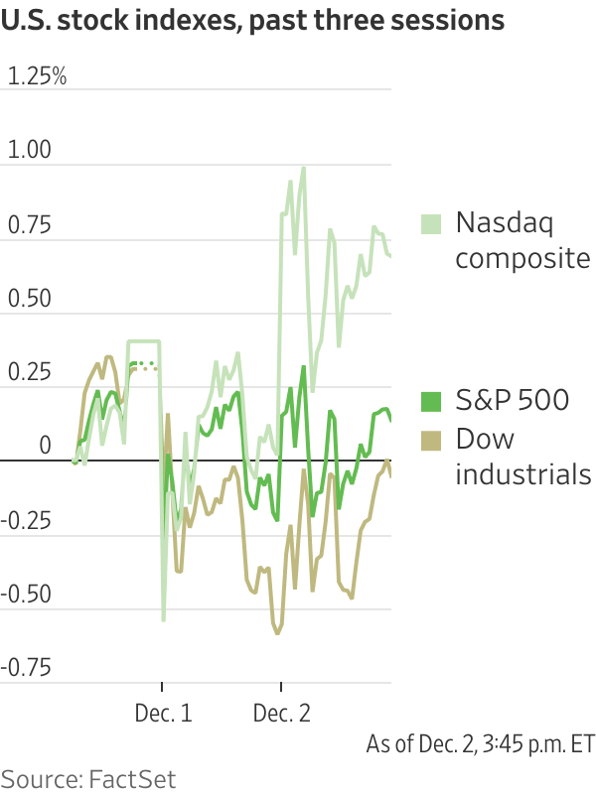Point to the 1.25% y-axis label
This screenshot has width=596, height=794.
(37, 76)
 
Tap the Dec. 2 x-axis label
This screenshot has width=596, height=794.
(282, 714)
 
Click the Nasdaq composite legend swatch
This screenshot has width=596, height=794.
(431, 223)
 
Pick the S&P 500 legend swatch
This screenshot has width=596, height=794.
(431, 401)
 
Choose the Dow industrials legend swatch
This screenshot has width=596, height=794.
(431, 438)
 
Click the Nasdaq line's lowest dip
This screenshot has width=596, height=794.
(163, 620)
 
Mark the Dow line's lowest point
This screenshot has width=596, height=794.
(278, 633)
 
